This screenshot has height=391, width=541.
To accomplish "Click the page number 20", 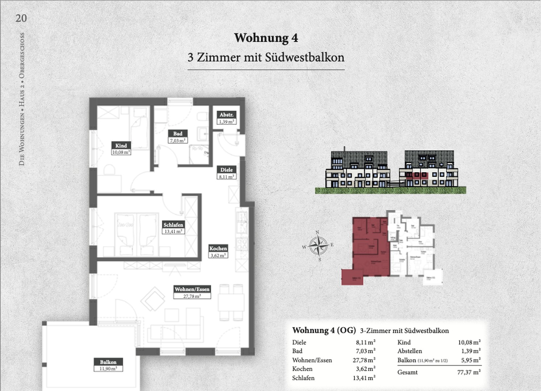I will pos(21,18).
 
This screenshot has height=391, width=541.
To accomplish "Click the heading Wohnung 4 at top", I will pos(266,38).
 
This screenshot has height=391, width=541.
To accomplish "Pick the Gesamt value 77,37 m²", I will pos(469,372).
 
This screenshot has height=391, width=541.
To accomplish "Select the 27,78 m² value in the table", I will pos(366,360).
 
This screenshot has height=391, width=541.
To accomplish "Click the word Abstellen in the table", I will pos(410,351).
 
